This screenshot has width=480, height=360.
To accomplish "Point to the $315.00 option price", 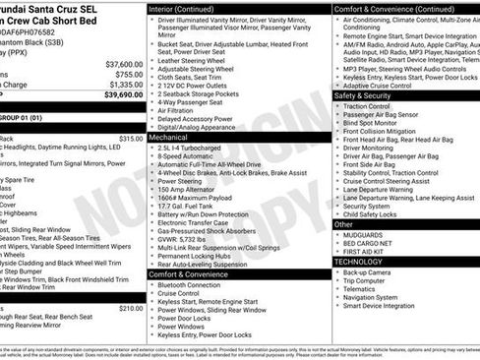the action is point(131,139).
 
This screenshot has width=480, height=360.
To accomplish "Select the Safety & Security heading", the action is point(363,95).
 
